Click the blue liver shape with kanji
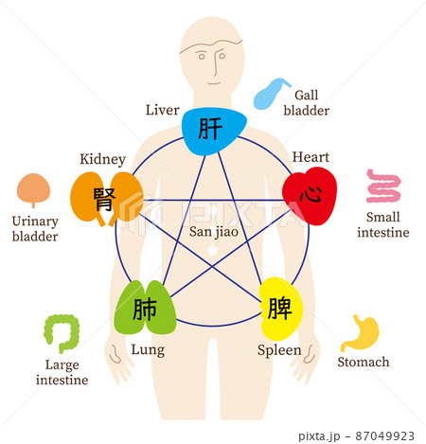pos(214,131)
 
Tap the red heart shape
pos(310,196)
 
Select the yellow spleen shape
pos(280,309)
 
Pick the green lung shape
pos(145,308)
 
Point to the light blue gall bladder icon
pos(271,94)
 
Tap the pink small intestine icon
pos(383,186)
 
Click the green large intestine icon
pos(62,333)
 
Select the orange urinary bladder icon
pos(33,189)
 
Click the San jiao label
pos(214,232)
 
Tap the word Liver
pos(162,110)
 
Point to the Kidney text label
pos(102,159)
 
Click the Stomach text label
pos(364,362)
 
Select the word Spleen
pos(279,350)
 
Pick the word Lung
pos(148,350)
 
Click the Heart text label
pos(311,157)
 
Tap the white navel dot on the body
pos(213,250)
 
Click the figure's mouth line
pos(214,83)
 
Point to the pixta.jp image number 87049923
pos(384,436)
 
